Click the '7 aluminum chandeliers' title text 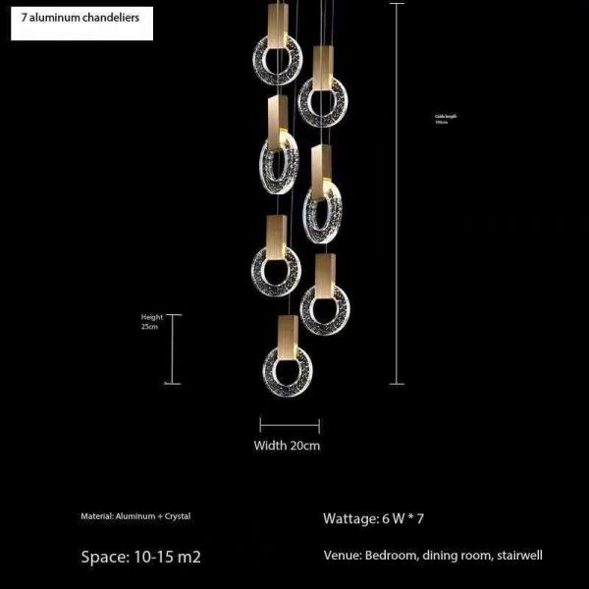click(80, 19)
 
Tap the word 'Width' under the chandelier click(271, 445)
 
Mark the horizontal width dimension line click(290, 425)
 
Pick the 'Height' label click(151, 317)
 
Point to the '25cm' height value click(150, 327)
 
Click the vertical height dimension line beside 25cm click(175, 349)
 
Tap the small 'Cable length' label click(446, 116)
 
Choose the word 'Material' click(98, 515)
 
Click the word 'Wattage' click(348, 517)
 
